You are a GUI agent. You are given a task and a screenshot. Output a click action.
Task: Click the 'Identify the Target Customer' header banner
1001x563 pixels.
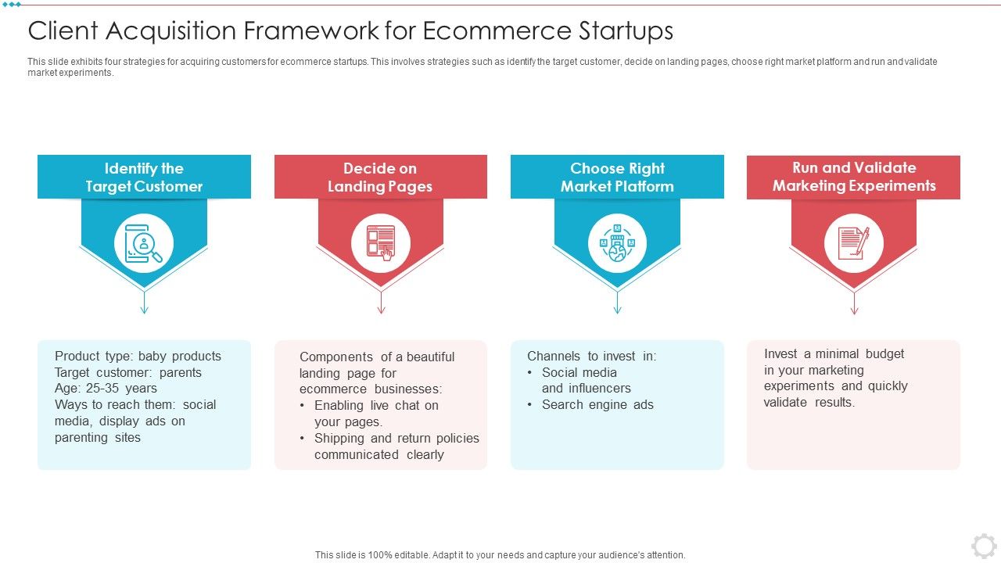144,178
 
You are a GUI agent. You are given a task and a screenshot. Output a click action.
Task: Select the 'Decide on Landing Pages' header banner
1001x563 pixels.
380,178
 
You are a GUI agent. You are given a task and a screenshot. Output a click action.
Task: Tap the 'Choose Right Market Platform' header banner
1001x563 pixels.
617,178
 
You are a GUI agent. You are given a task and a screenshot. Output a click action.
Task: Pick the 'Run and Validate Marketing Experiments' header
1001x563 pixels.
853,177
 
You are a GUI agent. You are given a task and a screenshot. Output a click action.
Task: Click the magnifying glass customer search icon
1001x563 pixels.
144,243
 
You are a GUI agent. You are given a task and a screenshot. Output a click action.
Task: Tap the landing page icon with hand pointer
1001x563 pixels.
380,243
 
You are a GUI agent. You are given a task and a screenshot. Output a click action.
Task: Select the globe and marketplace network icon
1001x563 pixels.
617,243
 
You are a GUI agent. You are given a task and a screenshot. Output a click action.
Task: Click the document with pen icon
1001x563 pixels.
853,243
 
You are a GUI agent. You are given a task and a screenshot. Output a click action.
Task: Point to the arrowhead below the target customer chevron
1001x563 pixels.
144,310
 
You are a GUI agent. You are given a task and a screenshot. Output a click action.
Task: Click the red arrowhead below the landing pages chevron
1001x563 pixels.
381,310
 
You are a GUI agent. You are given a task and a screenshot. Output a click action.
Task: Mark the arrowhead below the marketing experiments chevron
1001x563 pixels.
854,310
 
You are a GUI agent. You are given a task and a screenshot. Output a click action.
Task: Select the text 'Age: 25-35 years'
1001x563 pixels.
106,389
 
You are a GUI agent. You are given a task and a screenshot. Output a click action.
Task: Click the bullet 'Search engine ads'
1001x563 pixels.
597,405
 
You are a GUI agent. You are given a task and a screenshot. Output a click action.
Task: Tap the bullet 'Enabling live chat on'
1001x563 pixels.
376,406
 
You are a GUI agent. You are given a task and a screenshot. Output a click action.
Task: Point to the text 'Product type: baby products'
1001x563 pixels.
138,357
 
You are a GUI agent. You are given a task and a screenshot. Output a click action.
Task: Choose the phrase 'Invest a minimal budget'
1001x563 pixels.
834,354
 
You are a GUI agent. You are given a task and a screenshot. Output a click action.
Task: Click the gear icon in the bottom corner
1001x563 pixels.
984,545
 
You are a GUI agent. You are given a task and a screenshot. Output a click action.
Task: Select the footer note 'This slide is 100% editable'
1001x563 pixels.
500,555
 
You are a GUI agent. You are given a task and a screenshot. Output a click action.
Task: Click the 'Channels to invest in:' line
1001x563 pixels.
591,357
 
